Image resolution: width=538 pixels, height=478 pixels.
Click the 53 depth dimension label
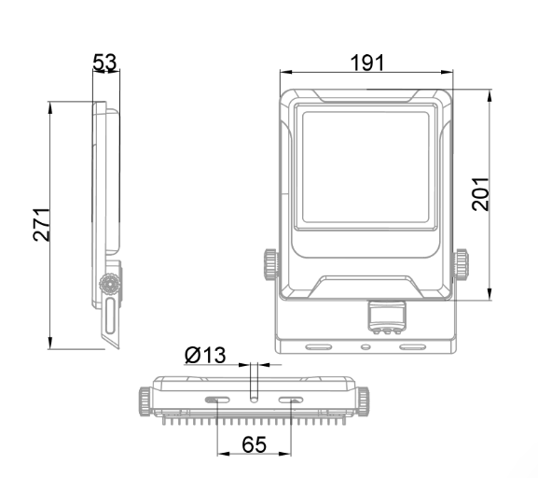(x=105, y=63)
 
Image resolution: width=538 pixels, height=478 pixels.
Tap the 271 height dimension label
(x=42, y=225)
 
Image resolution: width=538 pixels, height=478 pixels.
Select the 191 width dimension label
(x=367, y=63)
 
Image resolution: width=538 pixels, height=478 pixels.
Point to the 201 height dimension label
(x=480, y=194)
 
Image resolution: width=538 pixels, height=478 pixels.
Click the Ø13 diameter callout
(x=205, y=355)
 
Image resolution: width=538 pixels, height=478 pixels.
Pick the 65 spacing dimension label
(x=254, y=444)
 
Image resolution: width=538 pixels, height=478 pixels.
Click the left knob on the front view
(x=270, y=264)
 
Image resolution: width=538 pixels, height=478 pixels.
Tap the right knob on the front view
(x=462, y=264)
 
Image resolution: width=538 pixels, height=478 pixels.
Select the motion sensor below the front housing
(x=387, y=316)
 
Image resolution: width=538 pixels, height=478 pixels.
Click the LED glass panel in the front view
(x=366, y=167)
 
